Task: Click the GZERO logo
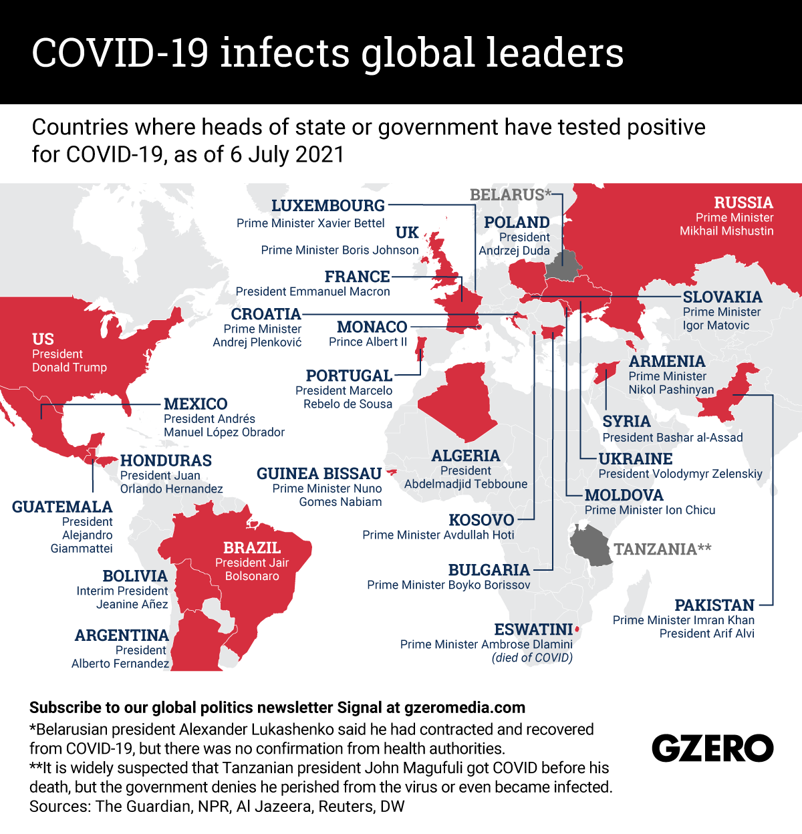(712, 748)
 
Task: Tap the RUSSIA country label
(743, 202)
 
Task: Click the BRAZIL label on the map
(252, 548)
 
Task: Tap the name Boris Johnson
(380, 250)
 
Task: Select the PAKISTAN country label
(714, 605)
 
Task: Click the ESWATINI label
(533, 630)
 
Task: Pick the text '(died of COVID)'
(532, 658)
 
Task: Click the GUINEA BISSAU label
(319, 474)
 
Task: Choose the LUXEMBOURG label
(327, 206)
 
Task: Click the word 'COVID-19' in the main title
(120, 53)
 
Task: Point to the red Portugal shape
(421, 348)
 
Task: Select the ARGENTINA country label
(122, 636)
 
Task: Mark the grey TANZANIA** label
(662, 549)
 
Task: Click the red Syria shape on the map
(606, 372)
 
